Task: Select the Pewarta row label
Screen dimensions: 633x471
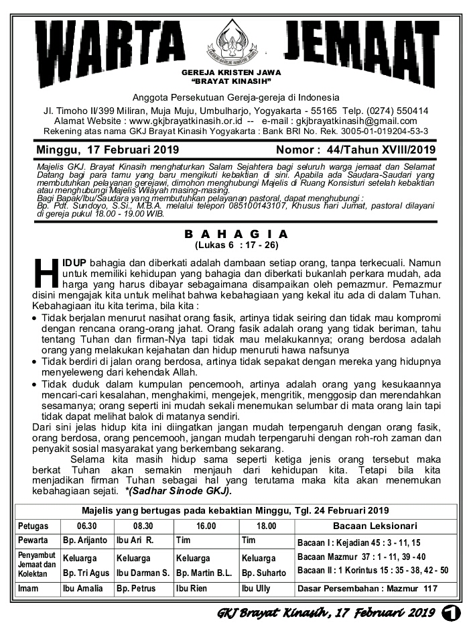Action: pos(33,540)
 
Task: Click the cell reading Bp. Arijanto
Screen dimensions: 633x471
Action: pos(84,540)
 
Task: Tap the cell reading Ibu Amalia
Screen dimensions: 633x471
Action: pos(83,588)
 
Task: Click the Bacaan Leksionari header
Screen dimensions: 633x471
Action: pos(375,526)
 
